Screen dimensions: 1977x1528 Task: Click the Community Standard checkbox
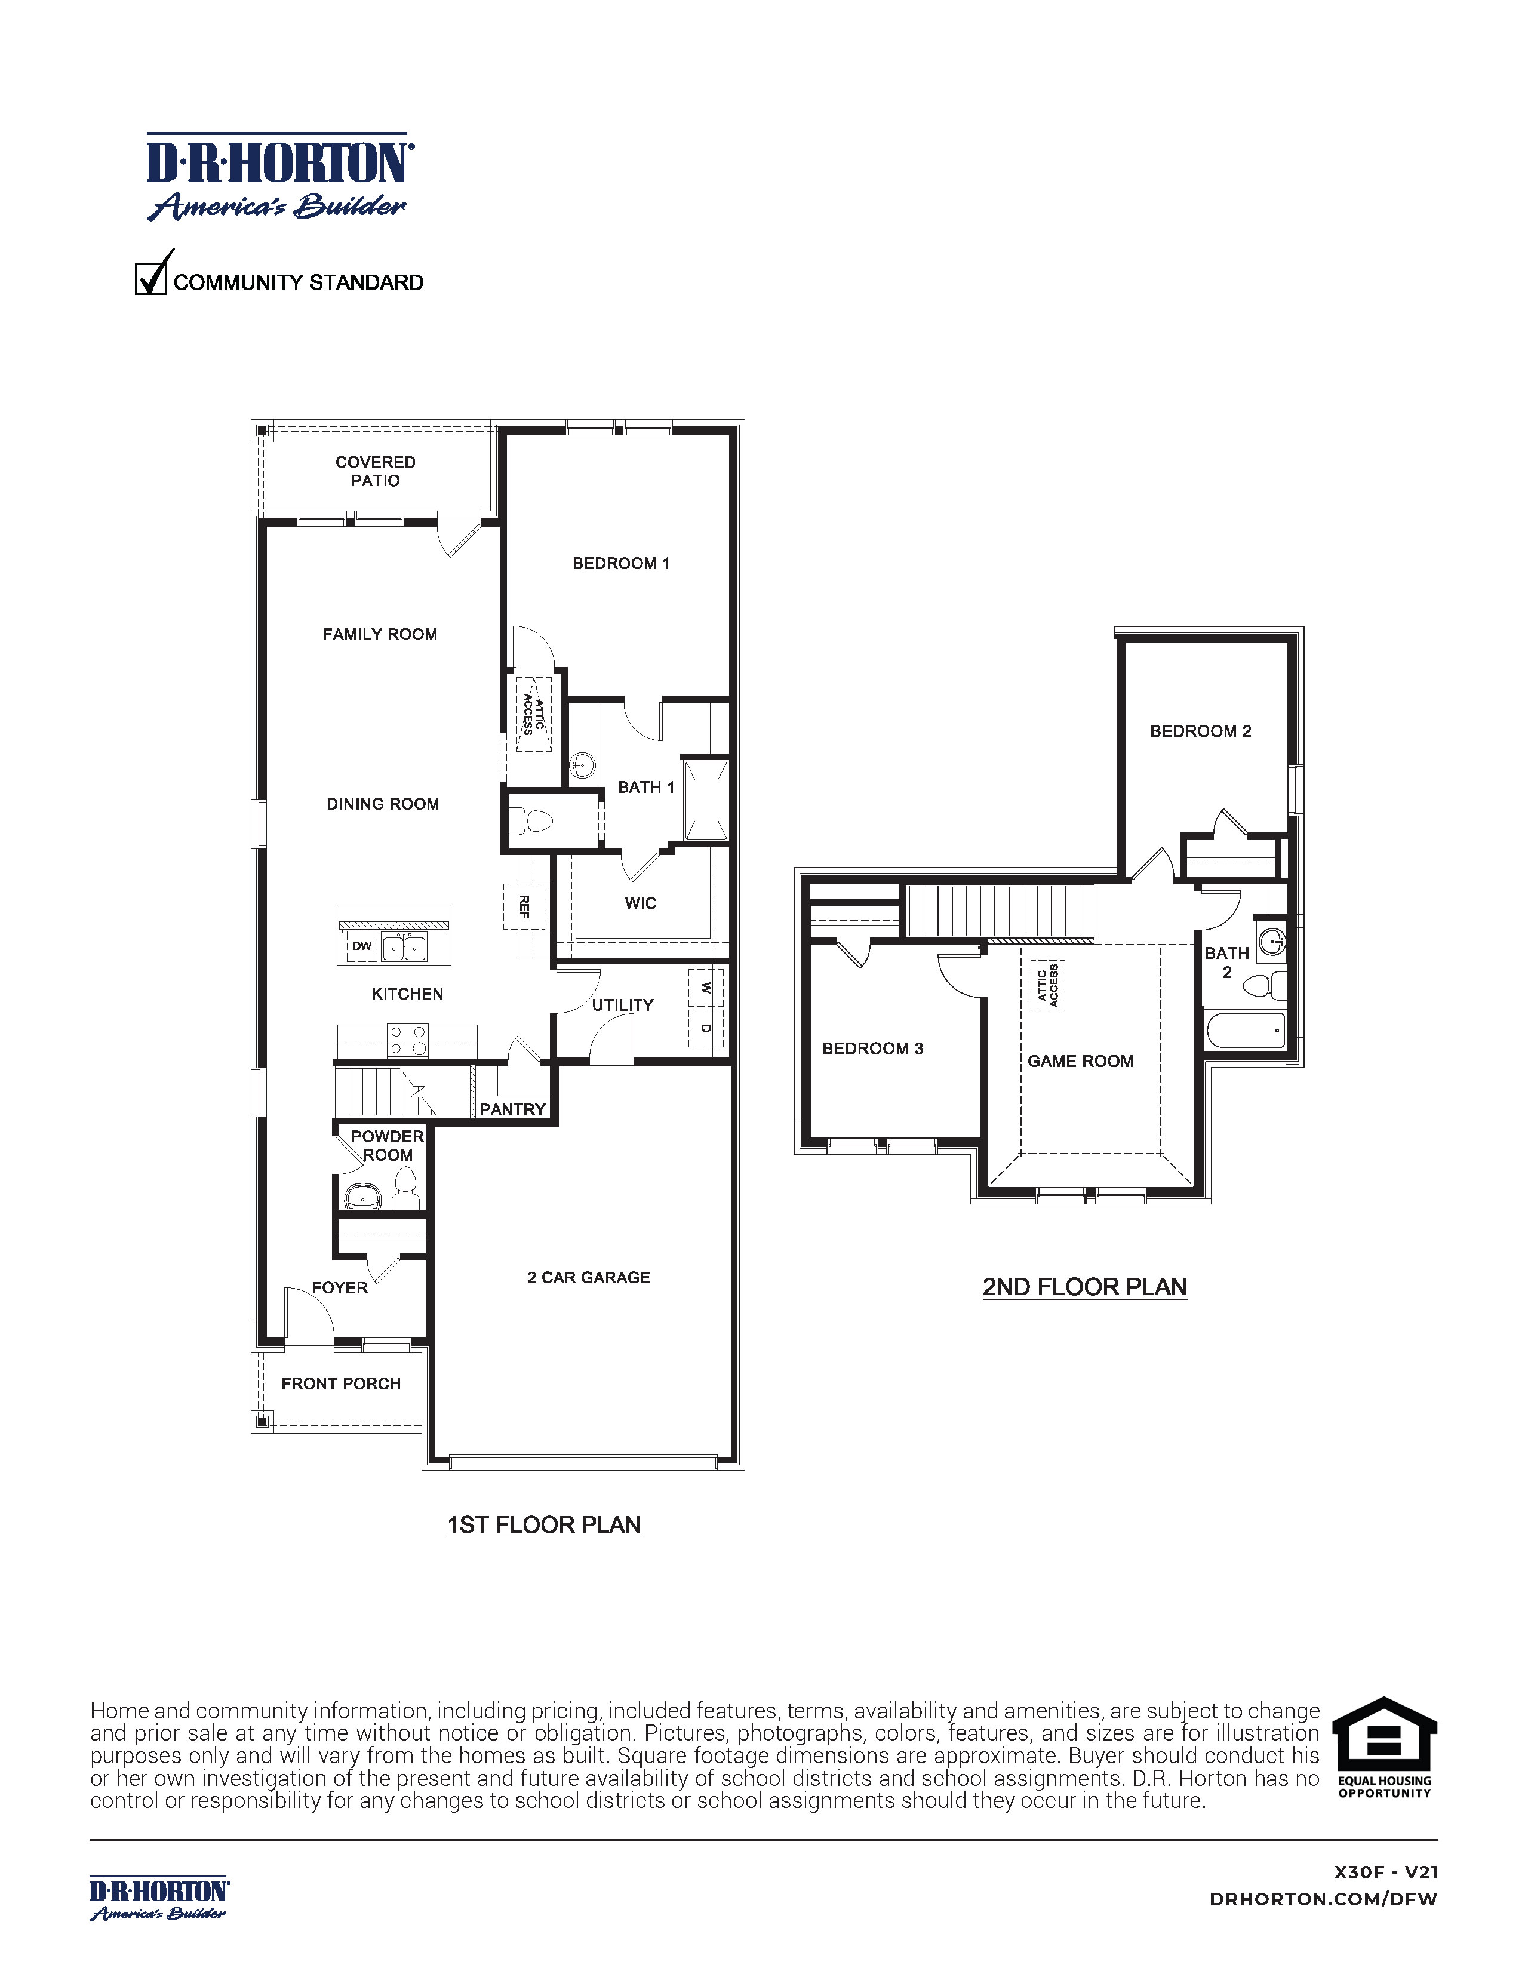point(150,278)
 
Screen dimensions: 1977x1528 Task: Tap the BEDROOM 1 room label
point(621,564)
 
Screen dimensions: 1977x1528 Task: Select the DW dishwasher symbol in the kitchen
point(362,946)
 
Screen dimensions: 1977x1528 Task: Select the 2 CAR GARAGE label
point(588,1277)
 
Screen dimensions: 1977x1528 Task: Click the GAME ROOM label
point(1080,1061)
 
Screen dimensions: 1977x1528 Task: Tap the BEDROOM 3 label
point(872,1049)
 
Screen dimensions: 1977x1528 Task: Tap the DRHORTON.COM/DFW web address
point(1323,1899)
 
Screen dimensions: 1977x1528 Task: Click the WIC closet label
point(640,903)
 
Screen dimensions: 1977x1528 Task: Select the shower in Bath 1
point(705,801)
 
